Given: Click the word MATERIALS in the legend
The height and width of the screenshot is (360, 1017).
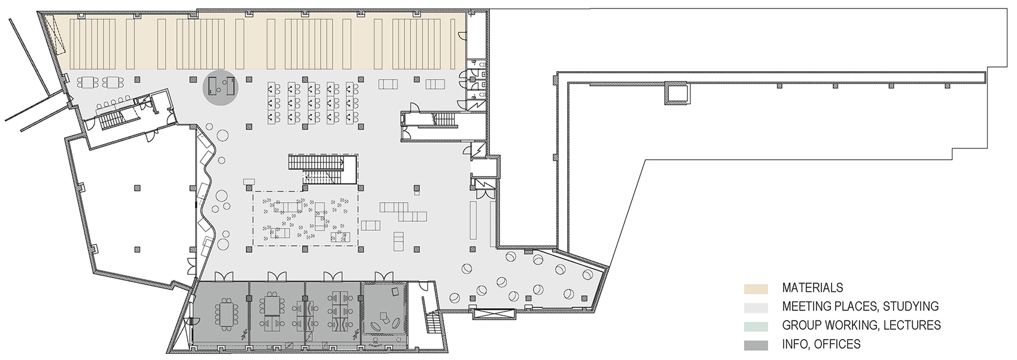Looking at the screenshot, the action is coord(812,288).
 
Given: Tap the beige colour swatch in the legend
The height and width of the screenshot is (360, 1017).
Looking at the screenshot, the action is coord(756,289).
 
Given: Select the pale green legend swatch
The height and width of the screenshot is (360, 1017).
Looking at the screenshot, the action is coord(756,327).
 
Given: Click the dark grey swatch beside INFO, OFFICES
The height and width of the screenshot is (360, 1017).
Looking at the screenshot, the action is coord(756,346).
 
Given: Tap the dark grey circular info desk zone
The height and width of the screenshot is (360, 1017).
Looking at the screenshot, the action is coord(220,88).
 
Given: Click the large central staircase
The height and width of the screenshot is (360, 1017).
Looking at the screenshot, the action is coord(322,169).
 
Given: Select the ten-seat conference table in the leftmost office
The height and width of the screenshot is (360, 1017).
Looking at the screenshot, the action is coord(226,310).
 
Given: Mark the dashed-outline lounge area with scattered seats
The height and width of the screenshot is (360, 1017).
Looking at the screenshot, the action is coord(306,218).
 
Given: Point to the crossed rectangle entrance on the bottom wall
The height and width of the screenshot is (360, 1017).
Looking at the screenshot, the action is coord(494,314).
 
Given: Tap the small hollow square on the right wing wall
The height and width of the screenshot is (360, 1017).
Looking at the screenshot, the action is coord(675,94).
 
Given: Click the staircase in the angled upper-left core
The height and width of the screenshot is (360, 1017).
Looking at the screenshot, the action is coord(111,121).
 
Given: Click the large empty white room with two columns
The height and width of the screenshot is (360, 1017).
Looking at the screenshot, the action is coord(136,209).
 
